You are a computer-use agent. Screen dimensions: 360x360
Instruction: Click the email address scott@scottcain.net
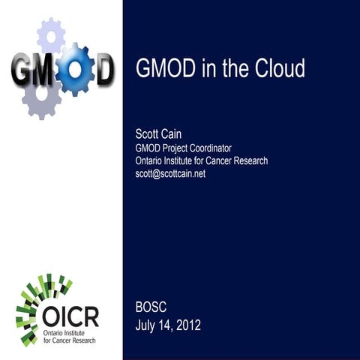click(170, 173)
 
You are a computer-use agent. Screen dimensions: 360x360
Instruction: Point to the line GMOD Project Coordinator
click(183, 148)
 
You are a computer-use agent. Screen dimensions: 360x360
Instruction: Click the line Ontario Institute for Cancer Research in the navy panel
click(202, 160)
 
